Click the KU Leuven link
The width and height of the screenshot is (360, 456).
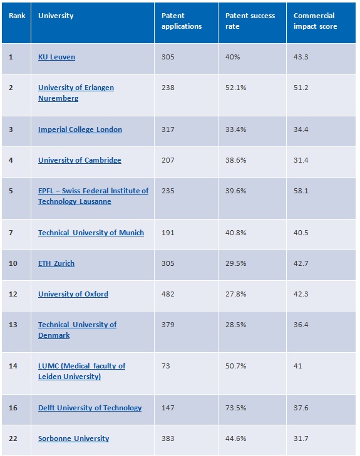pos(56,57)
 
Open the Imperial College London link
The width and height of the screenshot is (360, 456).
pos(80,129)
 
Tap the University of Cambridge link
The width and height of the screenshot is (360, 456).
pos(80,160)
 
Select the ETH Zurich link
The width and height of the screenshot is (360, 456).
pos(56,263)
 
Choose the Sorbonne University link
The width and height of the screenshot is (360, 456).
pos(74,438)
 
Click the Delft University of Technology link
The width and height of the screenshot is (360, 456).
pos(90,408)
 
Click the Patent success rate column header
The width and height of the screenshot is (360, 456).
pos(250,21)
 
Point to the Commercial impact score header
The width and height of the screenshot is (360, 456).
pos(315,21)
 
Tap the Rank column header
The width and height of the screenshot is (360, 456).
pos(17,16)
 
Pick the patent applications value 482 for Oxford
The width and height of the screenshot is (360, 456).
pos(168,294)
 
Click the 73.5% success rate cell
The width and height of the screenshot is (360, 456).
pos(236,408)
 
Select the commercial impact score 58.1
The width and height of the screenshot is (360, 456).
pos(301,191)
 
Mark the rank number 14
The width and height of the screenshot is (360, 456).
pos(13,366)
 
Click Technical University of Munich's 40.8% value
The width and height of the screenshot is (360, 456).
pos(236,233)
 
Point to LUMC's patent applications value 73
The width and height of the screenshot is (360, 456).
pos(165,366)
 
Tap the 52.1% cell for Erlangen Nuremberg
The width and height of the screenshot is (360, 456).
pos(236,88)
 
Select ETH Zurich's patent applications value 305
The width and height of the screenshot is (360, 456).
pos(168,263)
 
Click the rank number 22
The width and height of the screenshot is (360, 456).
pos(13,438)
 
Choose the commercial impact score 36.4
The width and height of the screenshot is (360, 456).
pos(301,325)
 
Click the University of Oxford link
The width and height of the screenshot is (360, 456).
pos(73,294)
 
